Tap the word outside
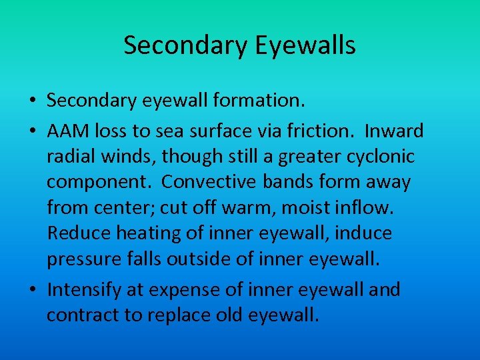coord(206,259)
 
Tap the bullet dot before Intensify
coord(32,290)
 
